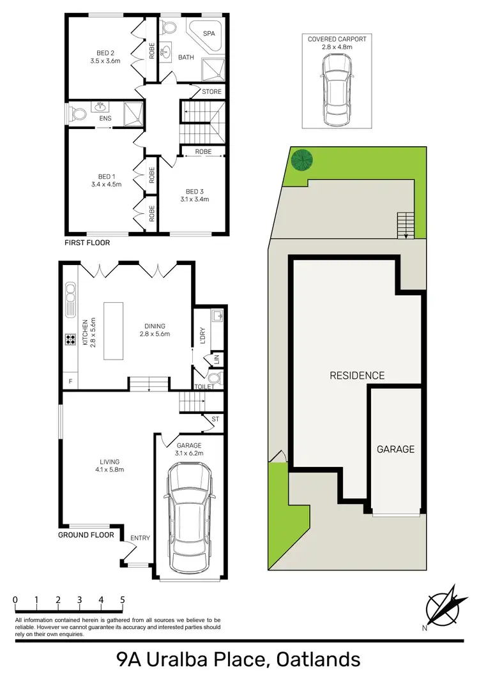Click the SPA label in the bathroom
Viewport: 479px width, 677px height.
click(208, 33)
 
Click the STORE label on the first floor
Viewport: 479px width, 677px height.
click(211, 92)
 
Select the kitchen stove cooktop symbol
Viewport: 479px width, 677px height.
click(69, 340)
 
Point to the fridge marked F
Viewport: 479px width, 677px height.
click(69, 381)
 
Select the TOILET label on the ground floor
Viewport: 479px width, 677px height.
click(205, 387)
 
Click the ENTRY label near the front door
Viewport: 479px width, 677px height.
click(140, 538)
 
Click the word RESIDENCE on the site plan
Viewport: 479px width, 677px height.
click(357, 376)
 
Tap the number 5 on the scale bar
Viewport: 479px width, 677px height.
click(122, 600)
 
